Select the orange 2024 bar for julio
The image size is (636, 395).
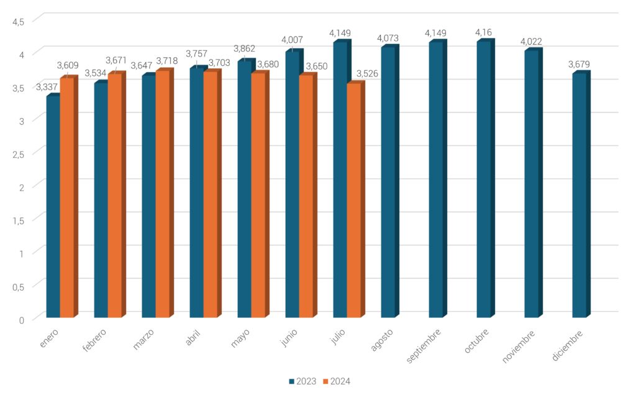click(353, 199)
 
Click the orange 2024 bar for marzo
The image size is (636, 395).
click(162, 193)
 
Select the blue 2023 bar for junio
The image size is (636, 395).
click(293, 183)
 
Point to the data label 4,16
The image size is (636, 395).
click(484, 32)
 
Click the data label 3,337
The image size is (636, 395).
click(47, 87)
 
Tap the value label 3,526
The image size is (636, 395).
click(367, 73)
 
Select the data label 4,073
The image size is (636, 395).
click(388, 38)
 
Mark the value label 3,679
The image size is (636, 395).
click(579, 64)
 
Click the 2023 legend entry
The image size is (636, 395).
click(302, 381)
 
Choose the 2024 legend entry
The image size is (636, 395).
click(337, 381)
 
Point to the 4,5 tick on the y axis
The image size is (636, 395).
click(18, 22)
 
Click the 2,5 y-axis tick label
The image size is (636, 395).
click(18, 155)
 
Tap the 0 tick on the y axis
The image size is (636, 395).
click(22, 320)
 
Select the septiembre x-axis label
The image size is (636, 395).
click(424, 346)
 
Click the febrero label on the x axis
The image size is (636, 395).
click(94, 340)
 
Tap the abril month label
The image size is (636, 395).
click(193, 337)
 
